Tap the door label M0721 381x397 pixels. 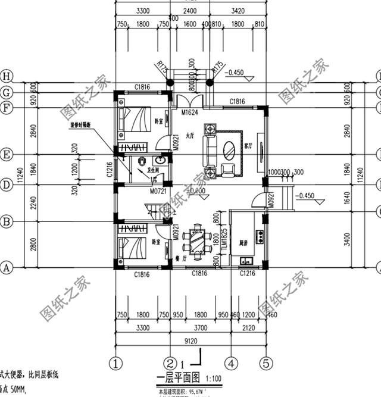pos(158,192)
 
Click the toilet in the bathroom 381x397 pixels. pos(142,162)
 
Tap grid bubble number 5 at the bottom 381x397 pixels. pos(267,362)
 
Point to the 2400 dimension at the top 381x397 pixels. pos(190,11)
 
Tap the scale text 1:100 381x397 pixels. pos(214,379)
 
